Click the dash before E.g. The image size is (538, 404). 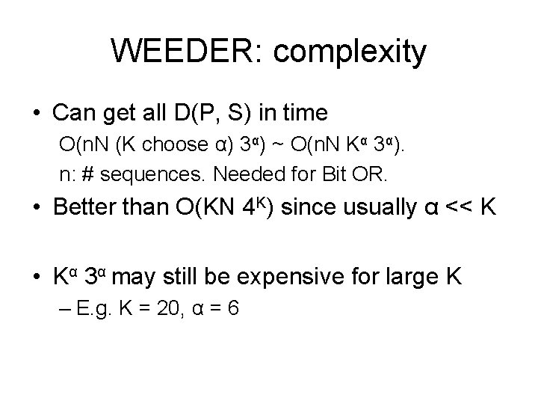64,309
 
